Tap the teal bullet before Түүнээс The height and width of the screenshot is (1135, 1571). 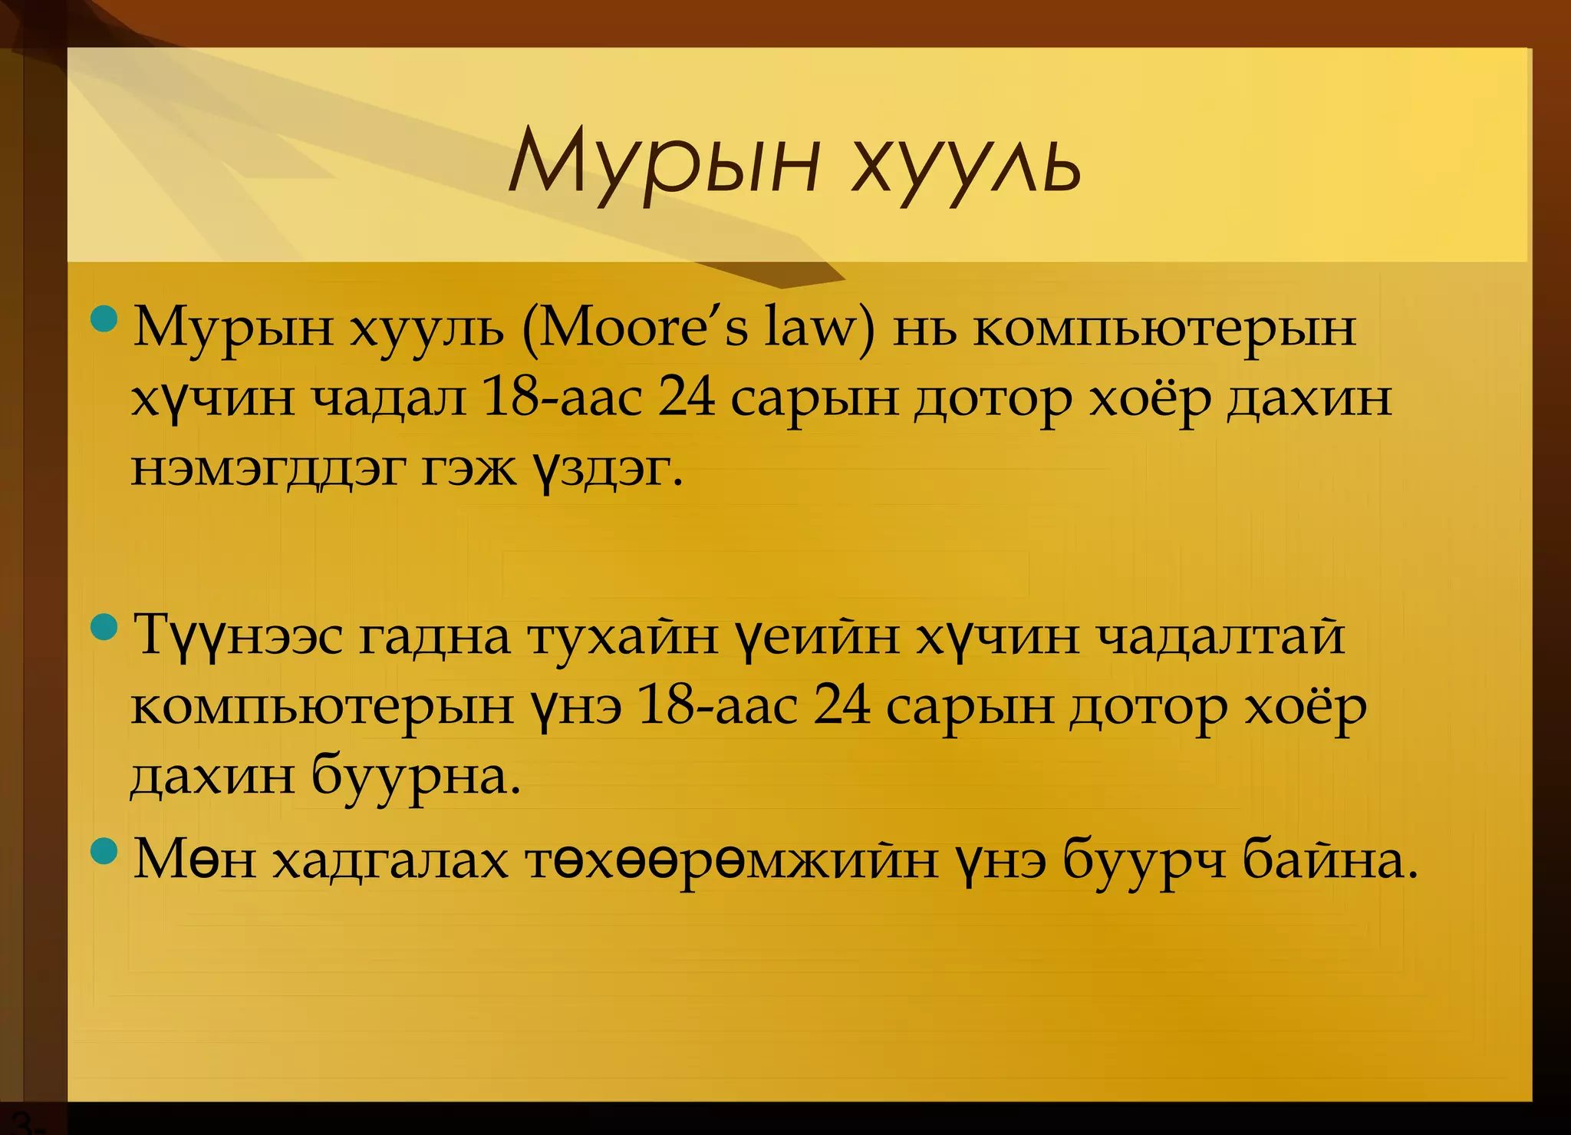click(x=104, y=628)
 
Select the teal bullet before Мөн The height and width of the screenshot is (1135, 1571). click(x=104, y=850)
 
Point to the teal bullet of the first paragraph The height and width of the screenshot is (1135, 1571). click(x=104, y=318)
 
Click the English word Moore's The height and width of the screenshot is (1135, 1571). click(x=644, y=328)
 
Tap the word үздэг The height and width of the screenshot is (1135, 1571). click(x=605, y=469)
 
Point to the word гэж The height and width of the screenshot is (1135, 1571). click(x=469, y=469)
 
